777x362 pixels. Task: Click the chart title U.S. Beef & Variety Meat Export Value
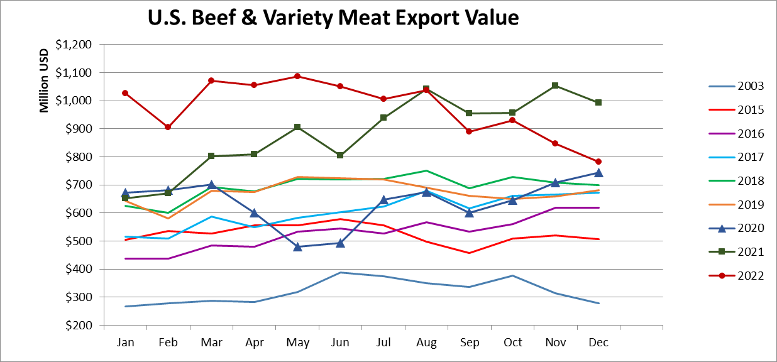point(333,18)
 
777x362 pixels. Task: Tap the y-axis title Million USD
point(44,80)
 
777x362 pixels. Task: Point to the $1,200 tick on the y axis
point(74,45)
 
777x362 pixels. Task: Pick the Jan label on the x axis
point(125,343)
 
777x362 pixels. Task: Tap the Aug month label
point(426,343)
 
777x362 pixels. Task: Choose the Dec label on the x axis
point(598,343)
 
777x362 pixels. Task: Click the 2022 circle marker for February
point(168,127)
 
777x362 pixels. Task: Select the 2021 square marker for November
point(555,85)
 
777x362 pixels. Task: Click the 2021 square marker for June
point(340,155)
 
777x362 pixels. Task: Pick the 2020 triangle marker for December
point(598,172)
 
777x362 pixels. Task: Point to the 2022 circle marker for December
point(598,162)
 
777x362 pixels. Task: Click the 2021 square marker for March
point(211,156)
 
